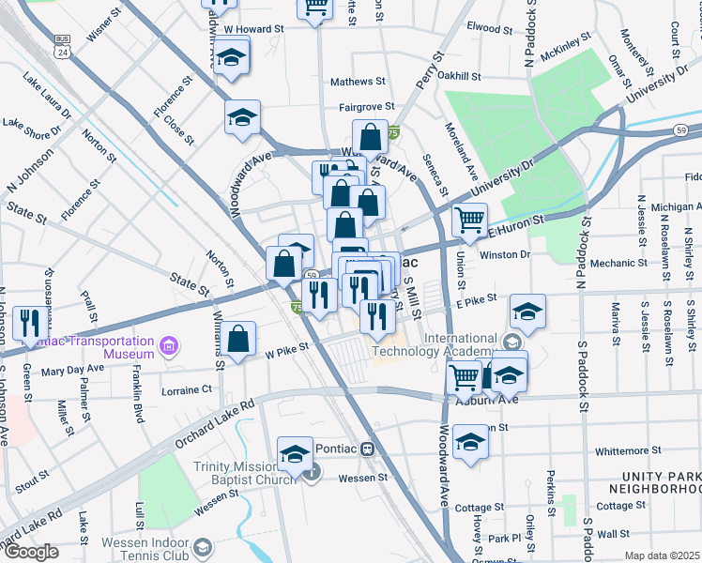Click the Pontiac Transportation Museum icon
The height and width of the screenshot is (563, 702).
[169, 347]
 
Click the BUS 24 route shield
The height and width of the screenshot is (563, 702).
[63, 44]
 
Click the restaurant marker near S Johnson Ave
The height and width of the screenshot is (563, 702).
[31, 322]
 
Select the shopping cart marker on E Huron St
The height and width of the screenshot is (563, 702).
[469, 221]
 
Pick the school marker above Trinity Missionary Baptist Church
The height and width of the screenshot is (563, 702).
[295, 453]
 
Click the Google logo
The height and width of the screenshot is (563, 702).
[31, 552]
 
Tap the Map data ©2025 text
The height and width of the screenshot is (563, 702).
[663, 555]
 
